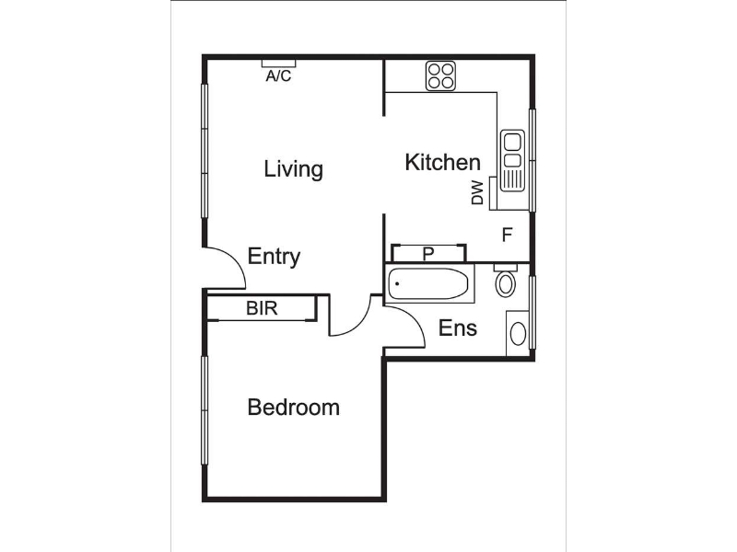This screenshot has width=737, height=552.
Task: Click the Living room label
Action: (x=293, y=169)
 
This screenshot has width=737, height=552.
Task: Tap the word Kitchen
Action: (x=442, y=163)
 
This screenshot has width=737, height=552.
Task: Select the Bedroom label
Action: (x=293, y=407)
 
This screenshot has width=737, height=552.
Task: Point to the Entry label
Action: (x=274, y=257)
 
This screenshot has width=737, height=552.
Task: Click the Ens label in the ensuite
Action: (x=457, y=328)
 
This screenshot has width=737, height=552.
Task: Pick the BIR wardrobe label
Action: (x=262, y=308)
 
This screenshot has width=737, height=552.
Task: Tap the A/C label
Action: (x=278, y=76)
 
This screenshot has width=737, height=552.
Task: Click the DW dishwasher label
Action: (x=477, y=192)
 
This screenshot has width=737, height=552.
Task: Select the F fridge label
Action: (x=507, y=235)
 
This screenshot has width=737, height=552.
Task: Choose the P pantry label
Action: (x=427, y=254)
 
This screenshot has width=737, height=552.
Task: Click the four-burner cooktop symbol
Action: (x=441, y=76)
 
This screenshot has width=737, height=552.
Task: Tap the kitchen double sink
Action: (x=512, y=160)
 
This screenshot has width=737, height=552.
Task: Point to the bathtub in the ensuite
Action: (x=428, y=283)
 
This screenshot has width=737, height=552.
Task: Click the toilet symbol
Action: (x=506, y=280)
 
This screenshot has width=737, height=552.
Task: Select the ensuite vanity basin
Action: (x=518, y=333)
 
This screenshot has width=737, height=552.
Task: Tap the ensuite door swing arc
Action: (x=413, y=319)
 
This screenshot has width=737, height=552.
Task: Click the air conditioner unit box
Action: (x=278, y=63)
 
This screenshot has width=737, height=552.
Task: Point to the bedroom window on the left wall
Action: (x=205, y=410)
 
